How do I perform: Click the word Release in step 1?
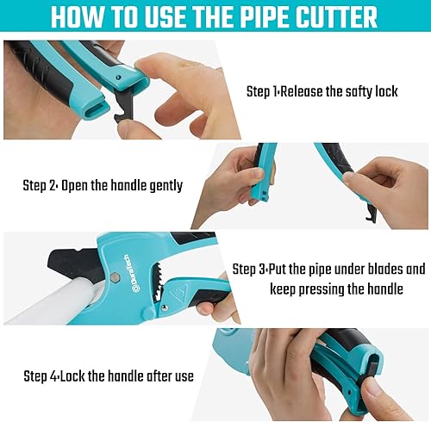click(306, 91)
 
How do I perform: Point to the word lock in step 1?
click(384, 91)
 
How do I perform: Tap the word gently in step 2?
click(163, 185)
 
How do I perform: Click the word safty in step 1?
click(351, 91)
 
